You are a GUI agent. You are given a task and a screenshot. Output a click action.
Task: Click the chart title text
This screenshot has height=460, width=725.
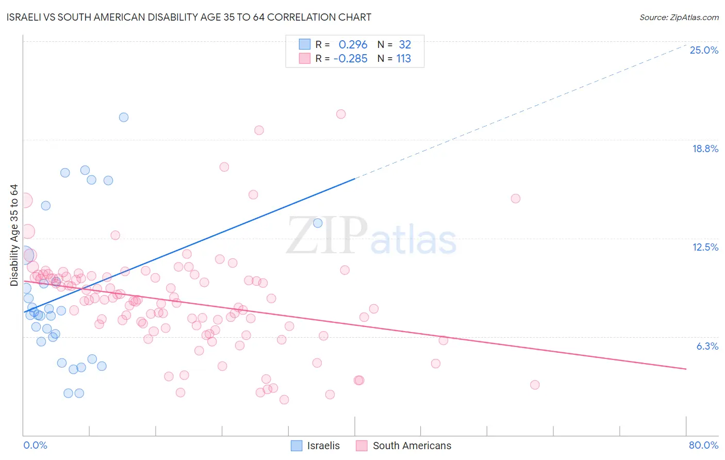[189, 17]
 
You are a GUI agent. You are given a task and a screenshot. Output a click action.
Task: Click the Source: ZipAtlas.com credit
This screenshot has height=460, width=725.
[679, 17]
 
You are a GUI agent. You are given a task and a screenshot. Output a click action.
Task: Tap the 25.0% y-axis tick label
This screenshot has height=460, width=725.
[704, 50]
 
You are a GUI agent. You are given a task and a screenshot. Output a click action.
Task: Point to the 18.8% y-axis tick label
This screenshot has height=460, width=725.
[705, 149]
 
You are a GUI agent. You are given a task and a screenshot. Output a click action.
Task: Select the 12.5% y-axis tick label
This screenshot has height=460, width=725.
[705, 247]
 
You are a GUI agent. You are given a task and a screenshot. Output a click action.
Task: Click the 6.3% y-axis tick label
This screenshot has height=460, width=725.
[707, 346]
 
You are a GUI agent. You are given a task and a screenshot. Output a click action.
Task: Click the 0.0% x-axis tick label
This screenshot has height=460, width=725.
[35, 445]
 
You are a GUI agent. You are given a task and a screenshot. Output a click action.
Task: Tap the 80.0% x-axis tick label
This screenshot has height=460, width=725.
[703, 445]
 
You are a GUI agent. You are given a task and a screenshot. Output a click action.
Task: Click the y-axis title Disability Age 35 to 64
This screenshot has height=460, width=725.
[14, 235]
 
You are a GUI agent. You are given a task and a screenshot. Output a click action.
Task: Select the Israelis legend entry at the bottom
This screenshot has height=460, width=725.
[316, 446]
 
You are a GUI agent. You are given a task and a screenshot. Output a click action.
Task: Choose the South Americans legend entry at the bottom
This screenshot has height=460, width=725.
[404, 446]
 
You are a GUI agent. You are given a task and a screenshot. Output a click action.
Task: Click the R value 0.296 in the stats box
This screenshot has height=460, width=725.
[353, 44]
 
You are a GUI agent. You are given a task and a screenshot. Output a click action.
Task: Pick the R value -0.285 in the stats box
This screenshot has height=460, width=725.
[350, 58]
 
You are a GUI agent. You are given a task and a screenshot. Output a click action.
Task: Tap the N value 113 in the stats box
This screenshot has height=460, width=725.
[403, 58]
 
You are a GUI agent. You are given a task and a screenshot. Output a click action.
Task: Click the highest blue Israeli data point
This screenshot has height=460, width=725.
[124, 117]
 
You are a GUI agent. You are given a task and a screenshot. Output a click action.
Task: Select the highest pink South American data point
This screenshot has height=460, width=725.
[341, 114]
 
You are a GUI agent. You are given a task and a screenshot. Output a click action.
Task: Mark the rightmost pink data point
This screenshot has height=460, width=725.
[535, 385]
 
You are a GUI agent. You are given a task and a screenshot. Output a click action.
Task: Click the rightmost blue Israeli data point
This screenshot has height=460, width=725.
[318, 223]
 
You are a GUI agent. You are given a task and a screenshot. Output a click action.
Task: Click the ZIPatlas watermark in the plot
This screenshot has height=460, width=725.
[371, 236]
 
